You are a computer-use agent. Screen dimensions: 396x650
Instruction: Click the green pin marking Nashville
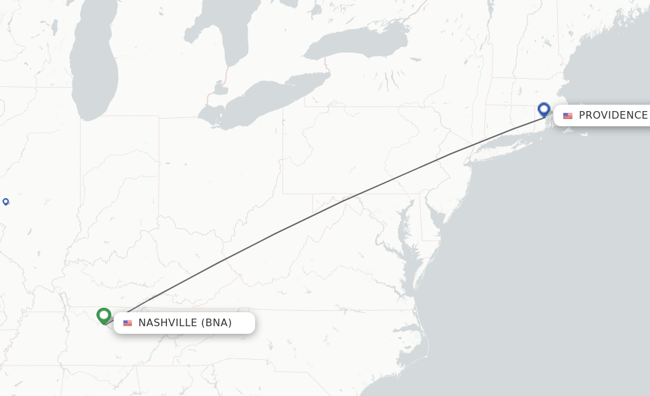tap(104, 315)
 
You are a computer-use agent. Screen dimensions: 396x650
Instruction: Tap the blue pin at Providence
tap(544, 109)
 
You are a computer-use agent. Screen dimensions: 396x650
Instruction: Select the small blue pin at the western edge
tap(6, 201)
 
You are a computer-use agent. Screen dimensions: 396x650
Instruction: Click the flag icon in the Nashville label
tap(128, 323)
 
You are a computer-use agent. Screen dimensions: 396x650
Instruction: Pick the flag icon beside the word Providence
tap(567, 115)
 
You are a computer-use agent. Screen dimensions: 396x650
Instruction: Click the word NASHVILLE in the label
tap(168, 323)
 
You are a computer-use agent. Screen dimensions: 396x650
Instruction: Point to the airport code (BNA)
tap(216, 323)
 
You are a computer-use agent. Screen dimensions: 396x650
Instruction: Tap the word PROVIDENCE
tap(613, 115)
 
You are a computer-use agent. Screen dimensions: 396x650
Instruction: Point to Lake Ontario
tap(355, 44)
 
